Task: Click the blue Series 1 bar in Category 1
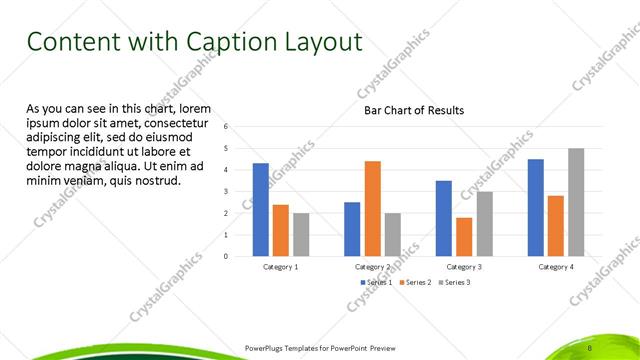click(x=260, y=209)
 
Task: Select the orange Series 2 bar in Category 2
click(x=372, y=208)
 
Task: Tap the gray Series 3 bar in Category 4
click(x=576, y=202)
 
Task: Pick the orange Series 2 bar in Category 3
click(x=464, y=236)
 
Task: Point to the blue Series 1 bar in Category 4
click(x=536, y=207)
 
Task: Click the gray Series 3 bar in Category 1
click(x=301, y=234)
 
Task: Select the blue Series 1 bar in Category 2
click(x=352, y=229)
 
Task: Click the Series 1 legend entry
click(x=377, y=283)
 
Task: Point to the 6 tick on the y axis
click(x=227, y=127)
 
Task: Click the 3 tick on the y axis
click(x=227, y=191)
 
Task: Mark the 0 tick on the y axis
click(x=227, y=256)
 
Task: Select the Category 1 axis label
click(x=280, y=267)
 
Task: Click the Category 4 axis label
click(x=556, y=267)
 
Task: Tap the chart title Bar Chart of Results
click(x=413, y=110)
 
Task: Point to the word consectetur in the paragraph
click(x=176, y=122)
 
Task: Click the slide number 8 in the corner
click(x=591, y=347)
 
